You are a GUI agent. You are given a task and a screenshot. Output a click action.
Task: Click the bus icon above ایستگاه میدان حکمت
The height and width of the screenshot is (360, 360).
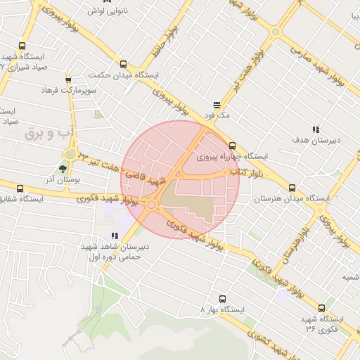point(124,63)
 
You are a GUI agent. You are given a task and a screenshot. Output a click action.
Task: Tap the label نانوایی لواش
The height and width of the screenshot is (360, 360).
point(107,12)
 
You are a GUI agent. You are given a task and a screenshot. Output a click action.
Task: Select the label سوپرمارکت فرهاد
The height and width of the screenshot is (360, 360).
point(68,91)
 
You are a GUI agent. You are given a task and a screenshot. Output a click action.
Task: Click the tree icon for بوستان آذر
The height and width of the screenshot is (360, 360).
point(63,169)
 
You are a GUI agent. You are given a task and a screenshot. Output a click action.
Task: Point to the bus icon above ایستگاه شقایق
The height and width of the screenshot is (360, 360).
point(19,188)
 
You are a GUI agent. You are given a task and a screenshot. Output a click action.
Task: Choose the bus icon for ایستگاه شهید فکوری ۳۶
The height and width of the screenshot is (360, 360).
point(321,308)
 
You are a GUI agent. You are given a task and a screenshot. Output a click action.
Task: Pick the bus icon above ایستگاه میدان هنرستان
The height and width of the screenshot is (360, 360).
point(292,188)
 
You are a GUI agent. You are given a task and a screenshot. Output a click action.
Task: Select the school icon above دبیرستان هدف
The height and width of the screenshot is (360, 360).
point(316,129)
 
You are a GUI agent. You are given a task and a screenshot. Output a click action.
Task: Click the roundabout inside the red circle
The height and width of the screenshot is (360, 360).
point(153,205)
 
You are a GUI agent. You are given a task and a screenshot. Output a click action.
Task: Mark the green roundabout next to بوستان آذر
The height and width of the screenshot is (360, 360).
point(70,153)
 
